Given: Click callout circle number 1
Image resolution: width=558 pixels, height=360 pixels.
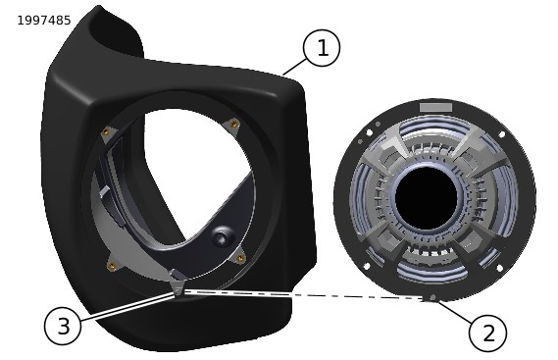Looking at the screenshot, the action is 322,48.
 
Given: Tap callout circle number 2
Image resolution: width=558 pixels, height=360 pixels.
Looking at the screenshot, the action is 487,334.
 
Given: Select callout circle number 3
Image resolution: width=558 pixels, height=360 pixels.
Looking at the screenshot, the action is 63,327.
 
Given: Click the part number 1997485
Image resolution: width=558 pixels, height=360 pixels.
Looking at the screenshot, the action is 44,21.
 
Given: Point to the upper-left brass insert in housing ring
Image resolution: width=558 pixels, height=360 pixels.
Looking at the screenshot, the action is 105,132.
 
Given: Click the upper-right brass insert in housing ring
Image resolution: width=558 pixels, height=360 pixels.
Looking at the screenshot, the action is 234,124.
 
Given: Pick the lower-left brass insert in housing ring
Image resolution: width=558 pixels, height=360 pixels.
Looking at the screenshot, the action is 111,265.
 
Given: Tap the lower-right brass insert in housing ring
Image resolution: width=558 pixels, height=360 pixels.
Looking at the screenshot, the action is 240,258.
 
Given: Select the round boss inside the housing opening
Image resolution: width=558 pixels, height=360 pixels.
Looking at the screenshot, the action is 223,237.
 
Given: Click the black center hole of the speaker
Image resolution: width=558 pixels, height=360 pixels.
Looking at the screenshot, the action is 426,198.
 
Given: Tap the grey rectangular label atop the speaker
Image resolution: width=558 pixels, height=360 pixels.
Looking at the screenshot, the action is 435,107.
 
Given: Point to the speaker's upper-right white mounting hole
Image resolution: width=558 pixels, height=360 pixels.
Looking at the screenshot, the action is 502,135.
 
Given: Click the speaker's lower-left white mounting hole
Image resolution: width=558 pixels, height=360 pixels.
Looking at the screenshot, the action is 367,266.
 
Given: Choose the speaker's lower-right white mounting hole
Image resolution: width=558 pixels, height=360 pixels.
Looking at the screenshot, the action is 499,268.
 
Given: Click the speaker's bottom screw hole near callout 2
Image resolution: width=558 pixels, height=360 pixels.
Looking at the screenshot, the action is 432,297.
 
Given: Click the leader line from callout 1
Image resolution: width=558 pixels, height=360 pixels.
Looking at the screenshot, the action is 294,67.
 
